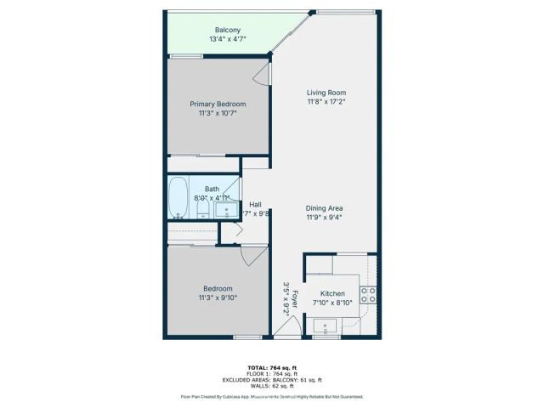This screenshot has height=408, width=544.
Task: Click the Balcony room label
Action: coord(226,28)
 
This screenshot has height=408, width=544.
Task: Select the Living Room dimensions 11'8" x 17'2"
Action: coord(326,102)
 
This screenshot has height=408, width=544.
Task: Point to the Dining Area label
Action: coord(325,208)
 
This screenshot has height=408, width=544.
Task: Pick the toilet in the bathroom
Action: coord(203,210)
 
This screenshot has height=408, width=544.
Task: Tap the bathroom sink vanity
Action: coord(226,210)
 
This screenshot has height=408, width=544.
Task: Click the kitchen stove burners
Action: coord(369,295)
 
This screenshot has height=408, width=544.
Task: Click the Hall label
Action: coord(255,204)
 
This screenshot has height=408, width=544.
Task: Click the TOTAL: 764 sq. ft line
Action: coord(271,366)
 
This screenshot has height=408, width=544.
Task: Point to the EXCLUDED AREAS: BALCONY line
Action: coord(271,379)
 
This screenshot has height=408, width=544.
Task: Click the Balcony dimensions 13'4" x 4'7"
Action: coord(226,38)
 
